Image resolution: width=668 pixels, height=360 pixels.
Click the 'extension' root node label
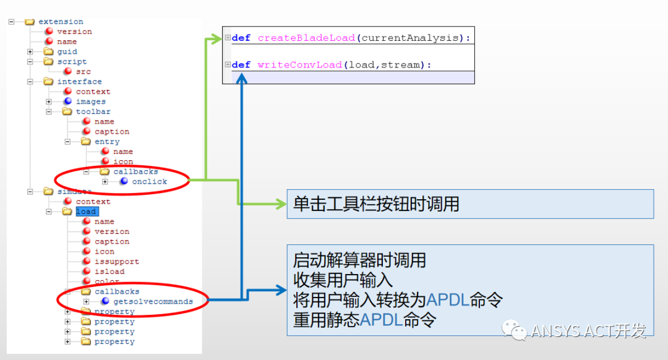[x=61, y=22]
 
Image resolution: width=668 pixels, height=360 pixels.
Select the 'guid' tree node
[x=67, y=52]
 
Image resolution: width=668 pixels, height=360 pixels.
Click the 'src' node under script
[x=83, y=72]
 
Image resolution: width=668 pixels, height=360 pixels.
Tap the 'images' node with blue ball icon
[x=90, y=101]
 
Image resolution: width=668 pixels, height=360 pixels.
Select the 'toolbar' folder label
[x=93, y=112]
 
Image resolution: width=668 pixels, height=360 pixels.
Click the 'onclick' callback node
[x=149, y=182]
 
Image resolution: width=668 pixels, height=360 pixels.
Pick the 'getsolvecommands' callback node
[x=153, y=302]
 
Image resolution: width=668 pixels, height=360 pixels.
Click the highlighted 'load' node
[x=86, y=212]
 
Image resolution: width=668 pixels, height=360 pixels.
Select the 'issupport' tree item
[x=116, y=262]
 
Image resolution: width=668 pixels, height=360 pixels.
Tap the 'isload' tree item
[x=109, y=272]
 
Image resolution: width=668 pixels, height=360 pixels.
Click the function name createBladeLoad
[x=307, y=38]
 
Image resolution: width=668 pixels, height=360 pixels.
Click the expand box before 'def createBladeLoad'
[x=228, y=38]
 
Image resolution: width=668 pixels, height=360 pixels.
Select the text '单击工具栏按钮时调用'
[x=376, y=204]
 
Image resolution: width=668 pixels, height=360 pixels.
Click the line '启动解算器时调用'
[x=359, y=260]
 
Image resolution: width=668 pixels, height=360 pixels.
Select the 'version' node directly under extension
[x=74, y=32]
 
